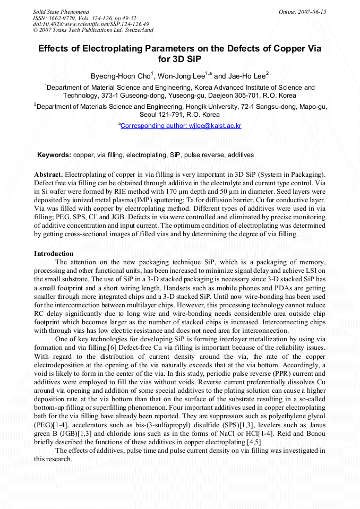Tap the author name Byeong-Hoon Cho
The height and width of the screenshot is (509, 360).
point(121,76)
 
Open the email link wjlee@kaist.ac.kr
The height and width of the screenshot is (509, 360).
point(181,126)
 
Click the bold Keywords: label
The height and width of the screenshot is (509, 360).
point(54,155)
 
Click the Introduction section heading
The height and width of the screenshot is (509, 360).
point(54,254)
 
